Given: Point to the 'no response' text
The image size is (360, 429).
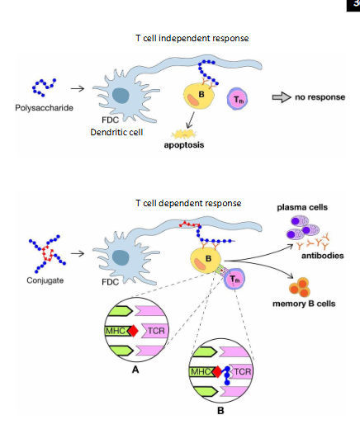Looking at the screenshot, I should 321,97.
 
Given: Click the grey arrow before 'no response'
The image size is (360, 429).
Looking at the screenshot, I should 282,97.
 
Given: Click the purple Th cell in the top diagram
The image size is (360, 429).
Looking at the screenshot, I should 236,101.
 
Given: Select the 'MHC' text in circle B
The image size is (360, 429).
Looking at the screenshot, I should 200,370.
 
